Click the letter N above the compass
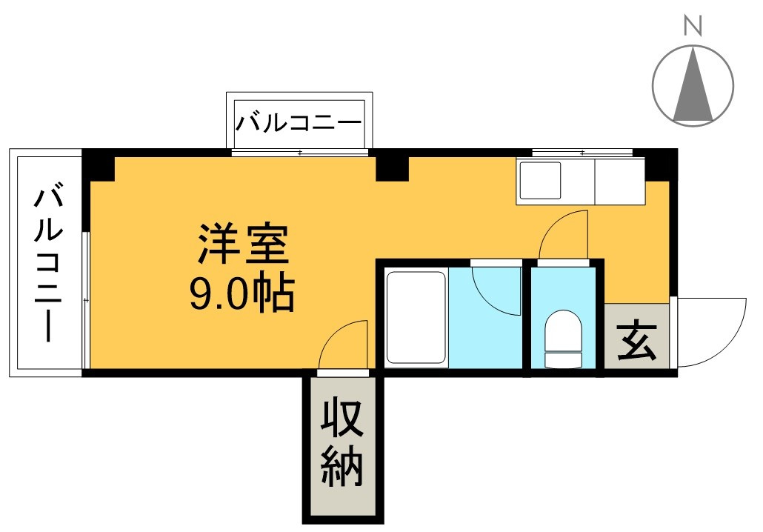coord(693,27)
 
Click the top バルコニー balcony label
coord(299,122)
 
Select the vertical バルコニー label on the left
coord(47,265)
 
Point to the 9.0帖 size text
coord(242,293)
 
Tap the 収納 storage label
coord(342,445)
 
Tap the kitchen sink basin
coord(540,180)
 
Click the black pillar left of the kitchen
coord(392,167)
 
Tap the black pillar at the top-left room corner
coord(99,165)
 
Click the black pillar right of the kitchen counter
coord(662,164)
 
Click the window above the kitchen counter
coord(582,153)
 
